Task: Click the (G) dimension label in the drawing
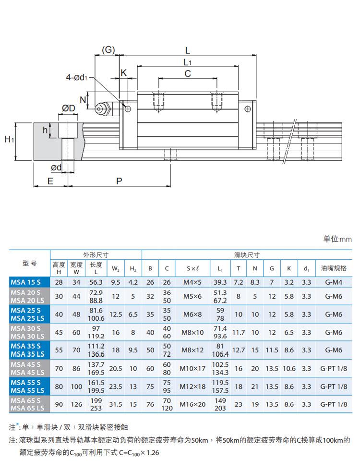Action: pyautogui.click(x=108, y=50)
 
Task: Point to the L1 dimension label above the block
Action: pyautogui.click(x=188, y=62)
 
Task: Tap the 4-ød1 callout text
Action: pyautogui.click(x=76, y=77)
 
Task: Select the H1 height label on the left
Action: pyautogui.click(x=9, y=140)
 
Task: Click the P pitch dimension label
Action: pyautogui.click(x=120, y=181)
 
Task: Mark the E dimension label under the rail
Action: pyautogui.click(x=49, y=181)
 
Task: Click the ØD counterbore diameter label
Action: pyautogui.click(x=69, y=109)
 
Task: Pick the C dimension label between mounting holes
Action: pyautogui.click(x=188, y=73)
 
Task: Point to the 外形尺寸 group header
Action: pyautogui.click(x=96, y=254)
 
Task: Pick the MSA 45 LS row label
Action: pyautogui.click(x=27, y=372)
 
